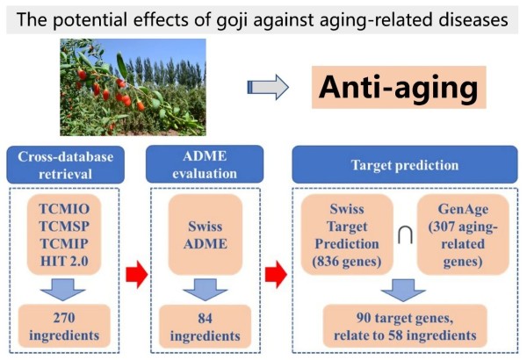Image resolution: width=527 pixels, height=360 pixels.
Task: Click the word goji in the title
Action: [x=232, y=20]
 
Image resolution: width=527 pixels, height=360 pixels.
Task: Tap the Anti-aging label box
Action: [x=399, y=87]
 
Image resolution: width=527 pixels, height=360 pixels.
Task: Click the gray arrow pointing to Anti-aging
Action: [x=268, y=87]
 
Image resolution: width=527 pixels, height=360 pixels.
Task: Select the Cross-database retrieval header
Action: [x=66, y=165]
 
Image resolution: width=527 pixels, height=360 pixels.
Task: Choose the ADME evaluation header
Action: [x=205, y=164]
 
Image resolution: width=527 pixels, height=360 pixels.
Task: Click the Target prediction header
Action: [x=405, y=165]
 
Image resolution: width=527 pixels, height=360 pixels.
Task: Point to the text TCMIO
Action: [x=64, y=209]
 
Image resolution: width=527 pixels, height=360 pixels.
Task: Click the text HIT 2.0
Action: [x=64, y=261]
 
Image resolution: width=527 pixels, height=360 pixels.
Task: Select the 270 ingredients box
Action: [x=64, y=326]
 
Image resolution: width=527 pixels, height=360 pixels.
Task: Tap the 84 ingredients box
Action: [x=205, y=327]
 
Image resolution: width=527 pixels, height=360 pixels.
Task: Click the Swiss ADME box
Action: [x=205, y=234]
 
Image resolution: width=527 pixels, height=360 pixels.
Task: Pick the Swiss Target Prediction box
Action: [x=347, y=234]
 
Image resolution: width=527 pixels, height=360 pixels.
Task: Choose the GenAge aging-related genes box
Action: [x=463, y=234]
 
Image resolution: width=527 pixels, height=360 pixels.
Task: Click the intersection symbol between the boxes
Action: [x=405, y=235]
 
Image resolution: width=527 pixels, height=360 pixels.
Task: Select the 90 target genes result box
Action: [x=405, y=326]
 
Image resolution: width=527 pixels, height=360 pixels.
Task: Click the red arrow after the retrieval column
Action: [x=137, y=275]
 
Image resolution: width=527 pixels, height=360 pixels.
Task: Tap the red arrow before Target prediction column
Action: [x=276, y=275]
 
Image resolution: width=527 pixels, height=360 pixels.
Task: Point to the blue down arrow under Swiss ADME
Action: [x=205, y=290]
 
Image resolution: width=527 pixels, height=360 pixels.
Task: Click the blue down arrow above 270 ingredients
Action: [x=63, y=290]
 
